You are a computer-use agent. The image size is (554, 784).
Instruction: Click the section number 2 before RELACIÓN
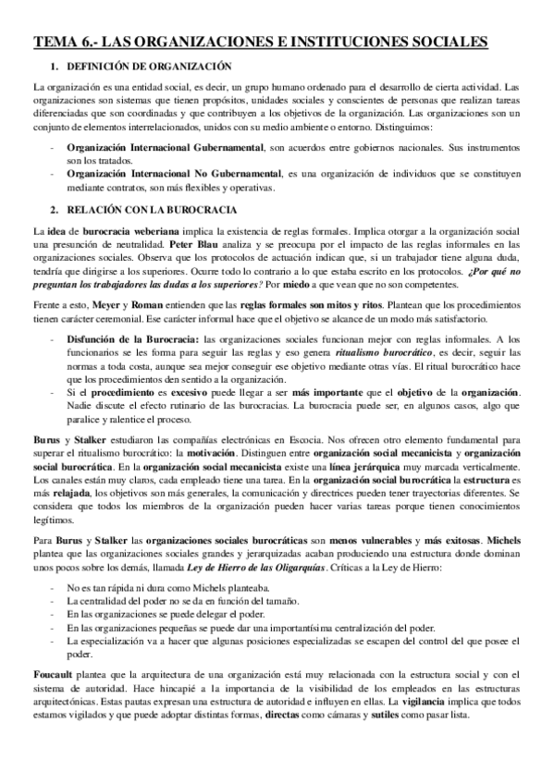[x=55, y=210]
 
